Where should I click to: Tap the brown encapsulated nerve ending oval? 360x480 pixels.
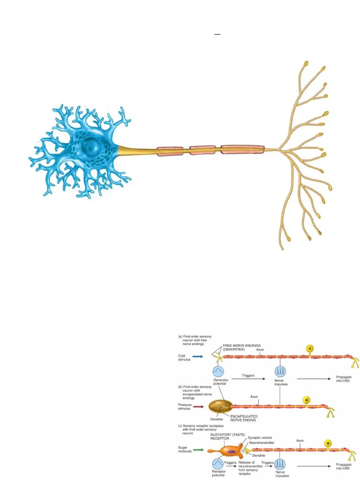tap(219, 406)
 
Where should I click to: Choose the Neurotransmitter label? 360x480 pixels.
tap(262, 442)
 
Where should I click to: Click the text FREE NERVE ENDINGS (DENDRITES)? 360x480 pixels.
tap(242, 347)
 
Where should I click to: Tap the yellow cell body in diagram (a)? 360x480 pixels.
tap(310, 349)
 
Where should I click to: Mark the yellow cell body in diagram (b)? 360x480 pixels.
tap(307, 400)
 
